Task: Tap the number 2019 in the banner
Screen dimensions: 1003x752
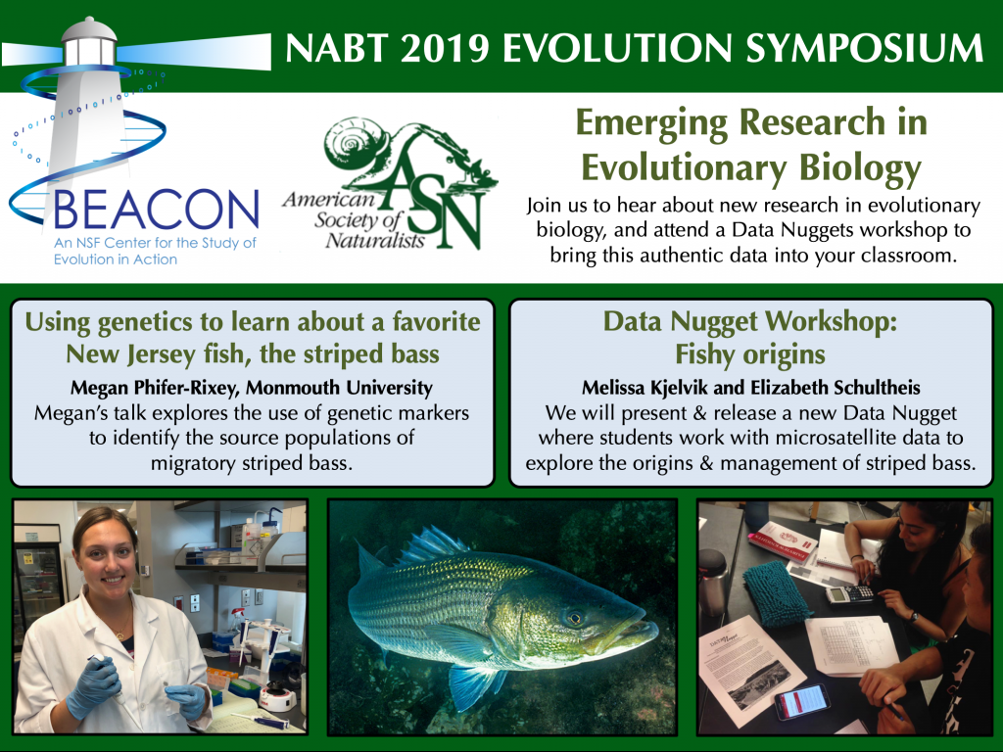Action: point(445,48)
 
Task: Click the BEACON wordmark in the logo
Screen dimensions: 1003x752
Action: point(157,210)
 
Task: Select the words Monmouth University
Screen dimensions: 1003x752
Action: point(339,388)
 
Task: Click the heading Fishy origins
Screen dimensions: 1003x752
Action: point(750,354)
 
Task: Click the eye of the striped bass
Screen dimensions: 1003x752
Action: point(574,618)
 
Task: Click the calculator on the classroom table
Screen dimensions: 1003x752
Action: point(849,593)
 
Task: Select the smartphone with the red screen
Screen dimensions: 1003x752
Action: point(801,701)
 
